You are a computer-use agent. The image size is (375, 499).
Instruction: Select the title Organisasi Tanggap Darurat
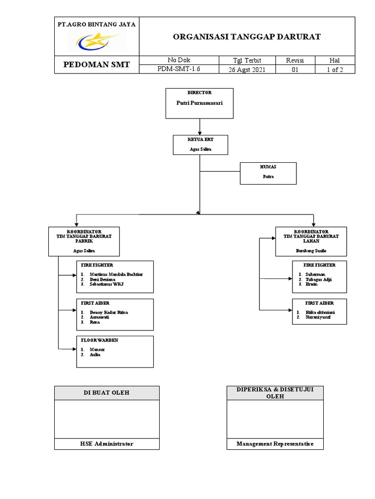[x=247, y=37]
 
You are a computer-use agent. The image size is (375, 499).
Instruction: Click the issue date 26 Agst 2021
[x=247, y=69]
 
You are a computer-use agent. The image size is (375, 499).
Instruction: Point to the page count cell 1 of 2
[x=334, y=69]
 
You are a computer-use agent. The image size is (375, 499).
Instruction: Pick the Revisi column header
[x=294, y=60]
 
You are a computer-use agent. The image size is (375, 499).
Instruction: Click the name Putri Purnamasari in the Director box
[x=199, y=103]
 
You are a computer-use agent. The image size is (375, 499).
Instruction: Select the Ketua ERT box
[x=200, y=145]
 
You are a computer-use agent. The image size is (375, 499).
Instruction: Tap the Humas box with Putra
[x=268, y=173]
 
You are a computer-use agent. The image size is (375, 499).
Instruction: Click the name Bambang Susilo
[x=311, y=250]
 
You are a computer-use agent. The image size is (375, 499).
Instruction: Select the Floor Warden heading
[x=100, y=340]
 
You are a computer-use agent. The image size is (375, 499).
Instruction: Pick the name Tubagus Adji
[x=318, y=279]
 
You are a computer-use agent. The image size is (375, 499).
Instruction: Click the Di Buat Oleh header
[x=106, y=393]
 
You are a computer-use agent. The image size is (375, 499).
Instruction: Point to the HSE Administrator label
[x=106, y=444]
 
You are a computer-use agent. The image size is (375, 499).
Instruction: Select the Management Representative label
[x=275, y=444]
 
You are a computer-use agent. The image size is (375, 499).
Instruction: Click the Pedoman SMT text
[x=97, y=65]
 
